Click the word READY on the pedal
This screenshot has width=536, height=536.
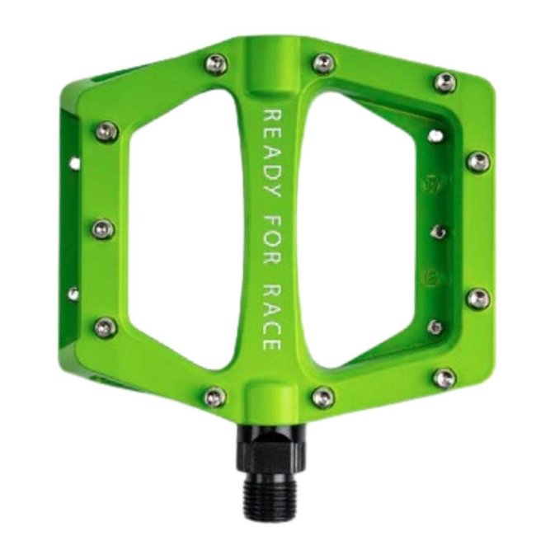click(269, 149)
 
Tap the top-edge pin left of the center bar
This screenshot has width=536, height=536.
click(215, 63)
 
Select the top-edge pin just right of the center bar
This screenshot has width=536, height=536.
click(323, 63)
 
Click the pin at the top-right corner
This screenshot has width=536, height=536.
click(445, 82)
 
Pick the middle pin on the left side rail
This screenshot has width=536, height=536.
click(102, 228)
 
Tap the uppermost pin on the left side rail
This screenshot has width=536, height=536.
click(106, 130)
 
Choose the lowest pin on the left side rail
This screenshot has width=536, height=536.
click(105, 327)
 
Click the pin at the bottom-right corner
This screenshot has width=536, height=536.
click(444, 378)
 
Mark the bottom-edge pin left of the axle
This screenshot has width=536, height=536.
click(214, 397)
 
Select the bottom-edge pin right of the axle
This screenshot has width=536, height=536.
click(322, 397)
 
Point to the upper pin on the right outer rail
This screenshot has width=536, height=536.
click(477, 161)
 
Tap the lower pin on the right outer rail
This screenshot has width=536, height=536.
click(477, 298)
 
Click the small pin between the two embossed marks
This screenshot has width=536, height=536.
click(439, 232)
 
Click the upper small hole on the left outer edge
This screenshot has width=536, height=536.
click(75, 163)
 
